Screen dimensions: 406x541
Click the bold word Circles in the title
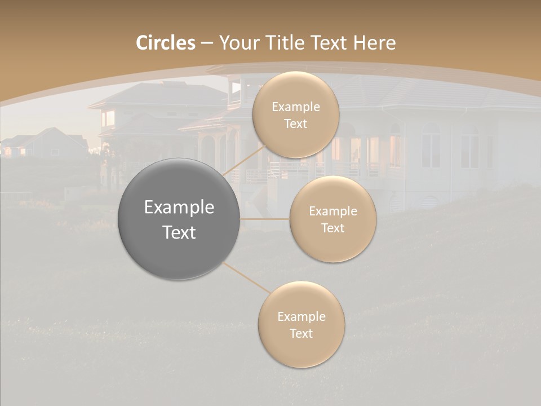point(165,43)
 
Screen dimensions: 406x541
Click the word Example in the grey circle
point(179,208)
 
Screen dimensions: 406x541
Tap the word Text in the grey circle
point(179,232)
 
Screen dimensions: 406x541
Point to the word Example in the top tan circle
point(296,107)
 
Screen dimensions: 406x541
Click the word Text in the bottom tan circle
point(301,333)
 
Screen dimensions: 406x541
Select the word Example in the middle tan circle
point(332,211)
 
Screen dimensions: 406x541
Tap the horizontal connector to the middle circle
point(265,219)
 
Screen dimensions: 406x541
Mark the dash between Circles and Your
point(207,43)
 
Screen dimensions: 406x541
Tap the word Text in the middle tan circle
point(332,228)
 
